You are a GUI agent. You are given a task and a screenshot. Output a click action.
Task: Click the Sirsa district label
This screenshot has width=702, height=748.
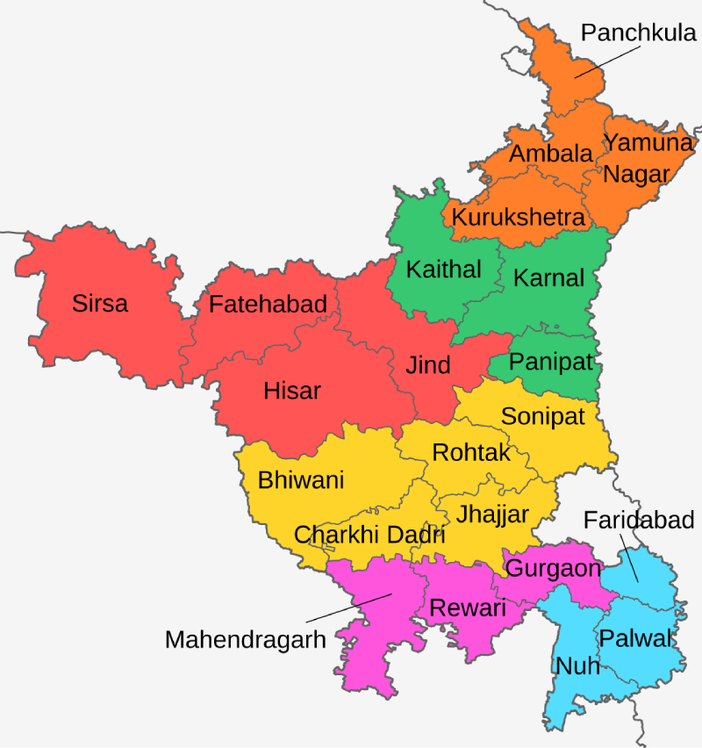(100, 304)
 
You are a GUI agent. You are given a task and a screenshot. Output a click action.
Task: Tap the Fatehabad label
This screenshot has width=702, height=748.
(268, 305)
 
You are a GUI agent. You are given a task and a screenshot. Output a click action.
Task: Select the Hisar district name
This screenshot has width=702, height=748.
(292, 391)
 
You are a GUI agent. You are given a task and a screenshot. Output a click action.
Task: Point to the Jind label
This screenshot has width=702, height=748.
(428, 365)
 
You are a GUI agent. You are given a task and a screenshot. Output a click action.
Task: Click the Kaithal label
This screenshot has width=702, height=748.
(443, 270)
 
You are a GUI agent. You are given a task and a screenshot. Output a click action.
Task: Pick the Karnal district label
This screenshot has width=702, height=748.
(548, 278)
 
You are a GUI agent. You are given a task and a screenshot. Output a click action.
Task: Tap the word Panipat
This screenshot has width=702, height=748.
(551, 362)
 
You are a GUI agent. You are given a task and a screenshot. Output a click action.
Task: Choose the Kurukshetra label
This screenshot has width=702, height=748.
(518, 217)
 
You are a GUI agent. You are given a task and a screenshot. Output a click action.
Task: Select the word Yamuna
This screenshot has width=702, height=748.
(649, 142)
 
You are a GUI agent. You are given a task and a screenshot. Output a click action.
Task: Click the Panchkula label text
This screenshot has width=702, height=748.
(639, 34)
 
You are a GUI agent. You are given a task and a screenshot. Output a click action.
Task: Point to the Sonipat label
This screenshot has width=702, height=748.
(542, 416)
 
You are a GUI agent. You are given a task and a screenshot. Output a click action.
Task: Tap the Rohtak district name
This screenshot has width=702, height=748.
(471, 453)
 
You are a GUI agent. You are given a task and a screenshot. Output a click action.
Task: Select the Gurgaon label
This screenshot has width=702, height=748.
(554, 568)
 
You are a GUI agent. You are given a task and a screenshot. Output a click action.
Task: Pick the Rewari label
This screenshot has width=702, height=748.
(468, 608)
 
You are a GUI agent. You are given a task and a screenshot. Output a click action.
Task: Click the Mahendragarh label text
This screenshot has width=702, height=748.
(245, 639)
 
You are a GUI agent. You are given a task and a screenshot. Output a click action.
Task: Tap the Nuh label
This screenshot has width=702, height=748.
(577, 665)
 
